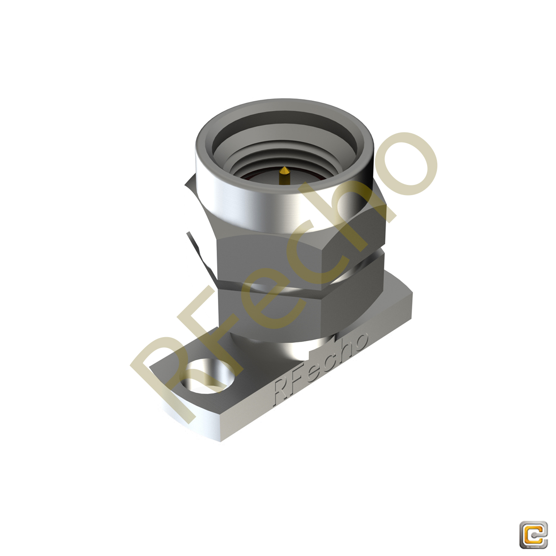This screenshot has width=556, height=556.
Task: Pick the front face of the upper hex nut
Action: (269, 256)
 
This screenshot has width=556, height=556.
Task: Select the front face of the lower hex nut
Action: (269, 309)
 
